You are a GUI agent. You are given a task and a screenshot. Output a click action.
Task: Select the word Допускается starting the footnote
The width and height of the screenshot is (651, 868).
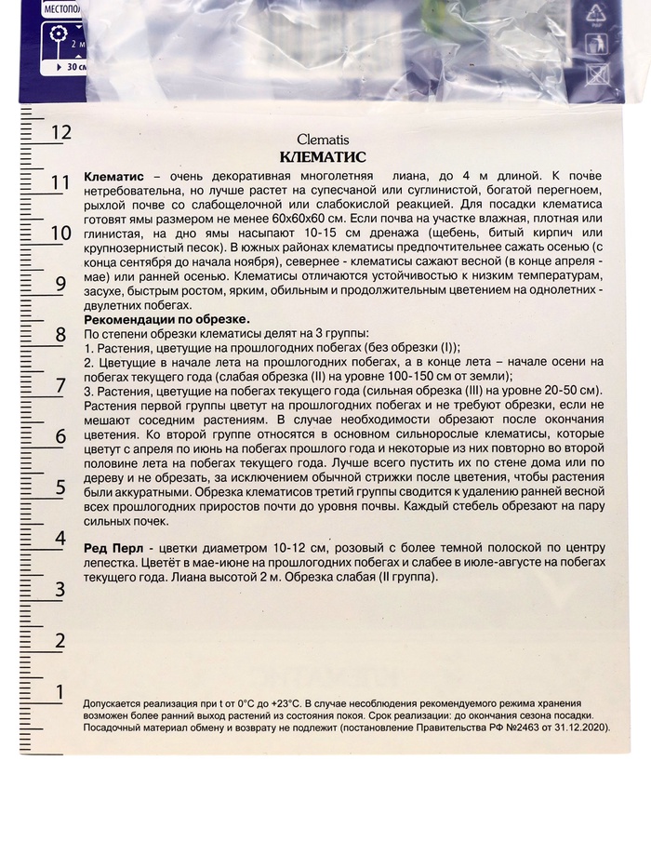[x=114, y=704]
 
